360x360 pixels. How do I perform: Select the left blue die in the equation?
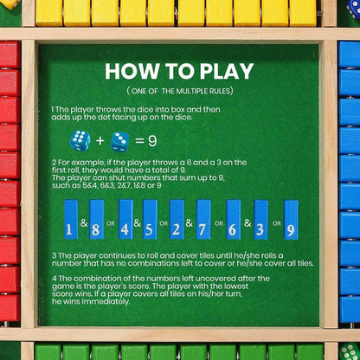point(80,140)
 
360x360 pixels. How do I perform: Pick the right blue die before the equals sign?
point(120,141)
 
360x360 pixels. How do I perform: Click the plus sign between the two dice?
point(100,141)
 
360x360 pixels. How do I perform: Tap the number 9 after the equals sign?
point(151,141)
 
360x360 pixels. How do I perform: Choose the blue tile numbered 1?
point(72,220)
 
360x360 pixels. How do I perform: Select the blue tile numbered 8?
point(97,220)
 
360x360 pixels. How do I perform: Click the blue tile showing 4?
point(125,220)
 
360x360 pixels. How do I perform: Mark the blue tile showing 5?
point(151,220)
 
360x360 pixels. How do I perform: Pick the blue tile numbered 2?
point(177,220)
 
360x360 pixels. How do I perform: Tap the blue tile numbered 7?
point(204,220)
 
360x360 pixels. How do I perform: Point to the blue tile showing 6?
point(234,220)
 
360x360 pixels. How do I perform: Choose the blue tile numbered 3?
point(260,220)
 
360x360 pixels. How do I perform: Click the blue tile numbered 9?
point(291,220)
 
